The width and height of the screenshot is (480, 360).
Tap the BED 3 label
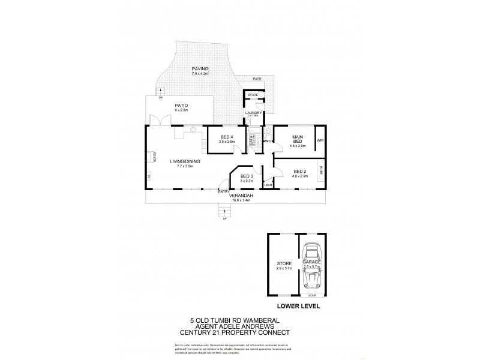(247, 176)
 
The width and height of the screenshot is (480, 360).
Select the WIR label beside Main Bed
(320, 140)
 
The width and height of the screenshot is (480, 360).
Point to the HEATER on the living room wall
(154, 157)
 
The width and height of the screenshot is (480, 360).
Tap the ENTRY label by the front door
(223, 191)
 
